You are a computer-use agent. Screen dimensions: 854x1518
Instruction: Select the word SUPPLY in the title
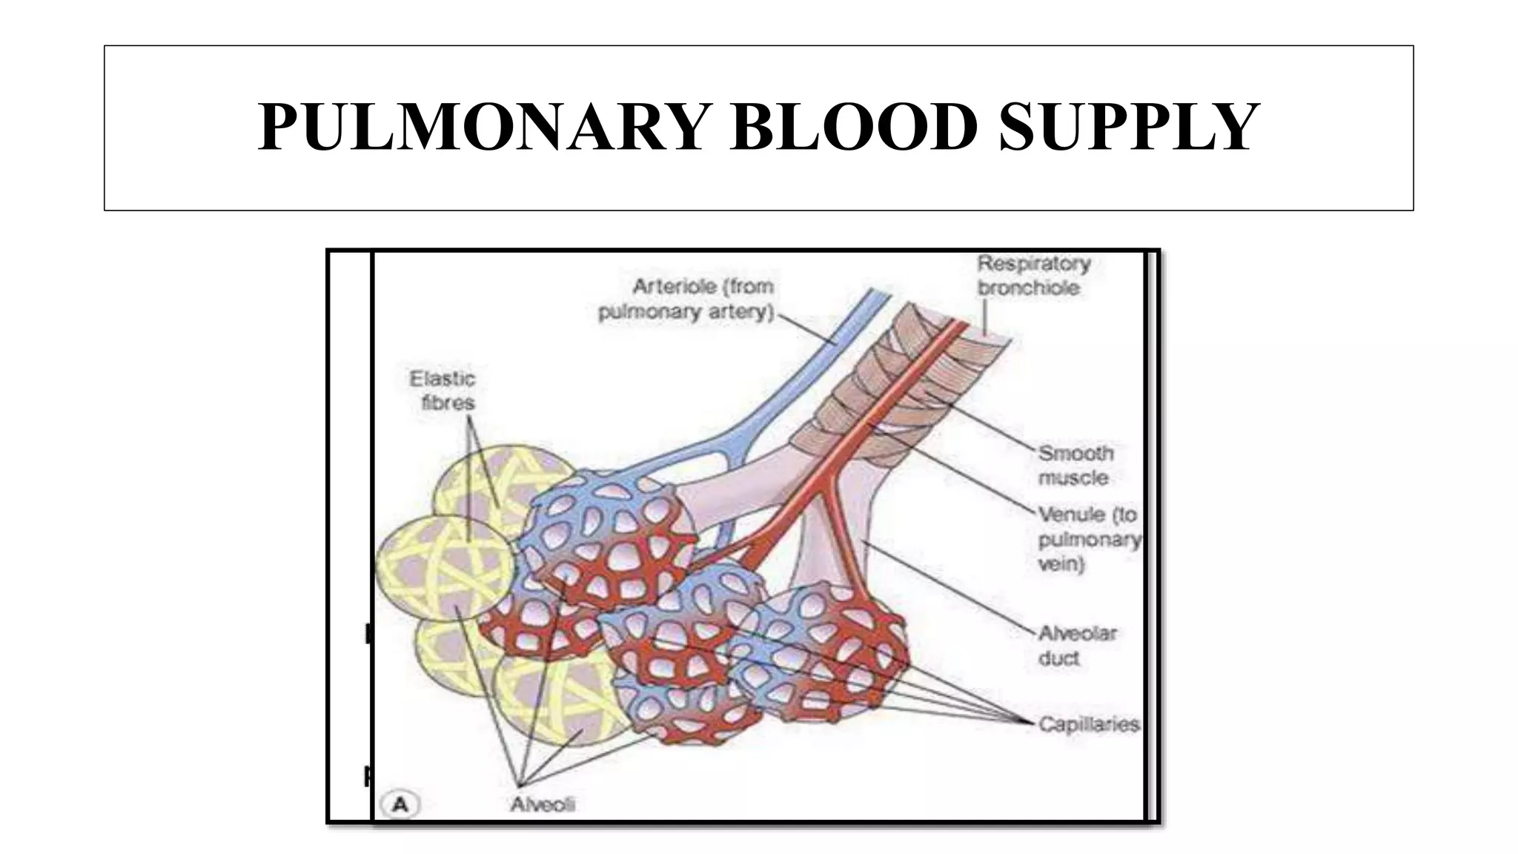tap(1129, 128)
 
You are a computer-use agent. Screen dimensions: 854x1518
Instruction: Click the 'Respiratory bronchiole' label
tap(1033, 276)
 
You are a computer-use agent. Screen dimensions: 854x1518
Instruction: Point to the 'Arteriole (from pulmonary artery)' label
tap(687, 299)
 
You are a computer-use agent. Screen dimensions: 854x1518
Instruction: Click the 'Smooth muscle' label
tap(1075, 465)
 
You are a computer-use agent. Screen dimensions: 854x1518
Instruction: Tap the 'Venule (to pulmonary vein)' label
tap(1088, 539)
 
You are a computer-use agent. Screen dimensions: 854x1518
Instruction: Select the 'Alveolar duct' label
tap(1077, 645)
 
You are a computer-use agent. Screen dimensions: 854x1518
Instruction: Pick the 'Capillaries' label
tap(1088, 724)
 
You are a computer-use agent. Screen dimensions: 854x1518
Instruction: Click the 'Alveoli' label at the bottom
tap(543, 804)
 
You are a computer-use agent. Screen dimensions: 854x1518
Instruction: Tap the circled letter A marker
tap(400, 804)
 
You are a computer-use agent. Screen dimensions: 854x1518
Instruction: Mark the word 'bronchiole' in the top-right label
tap(1029, 288)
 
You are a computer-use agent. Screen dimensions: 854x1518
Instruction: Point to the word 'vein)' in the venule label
tap(1061, 564)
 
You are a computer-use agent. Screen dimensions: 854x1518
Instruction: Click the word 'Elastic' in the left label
tap(443, 379)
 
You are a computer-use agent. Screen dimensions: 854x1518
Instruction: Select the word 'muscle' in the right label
tap(1073, 478)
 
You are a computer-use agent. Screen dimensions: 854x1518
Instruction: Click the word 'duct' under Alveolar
tap(1058, 658)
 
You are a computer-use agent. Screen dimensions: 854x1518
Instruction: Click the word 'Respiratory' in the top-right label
tap(1034, 264)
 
